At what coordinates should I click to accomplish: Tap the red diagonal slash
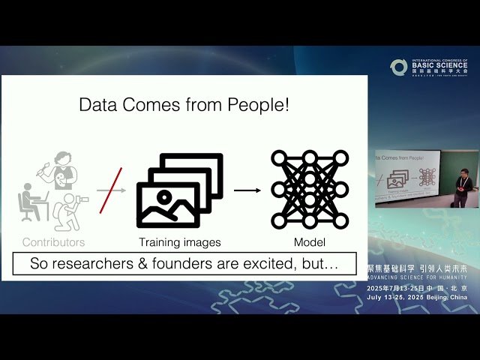[x=111, y=190]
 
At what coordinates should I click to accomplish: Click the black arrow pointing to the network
[x=247, y=190]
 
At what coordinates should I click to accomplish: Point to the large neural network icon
[x=310, y=188]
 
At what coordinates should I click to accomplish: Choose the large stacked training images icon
[x=180, y=190]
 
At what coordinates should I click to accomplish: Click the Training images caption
[x=180, y=242]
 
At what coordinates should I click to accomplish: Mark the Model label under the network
[x=310, y=242]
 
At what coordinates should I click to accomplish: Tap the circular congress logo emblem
[x=399, y=67]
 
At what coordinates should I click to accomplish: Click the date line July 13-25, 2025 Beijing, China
[x=418, y=297]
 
